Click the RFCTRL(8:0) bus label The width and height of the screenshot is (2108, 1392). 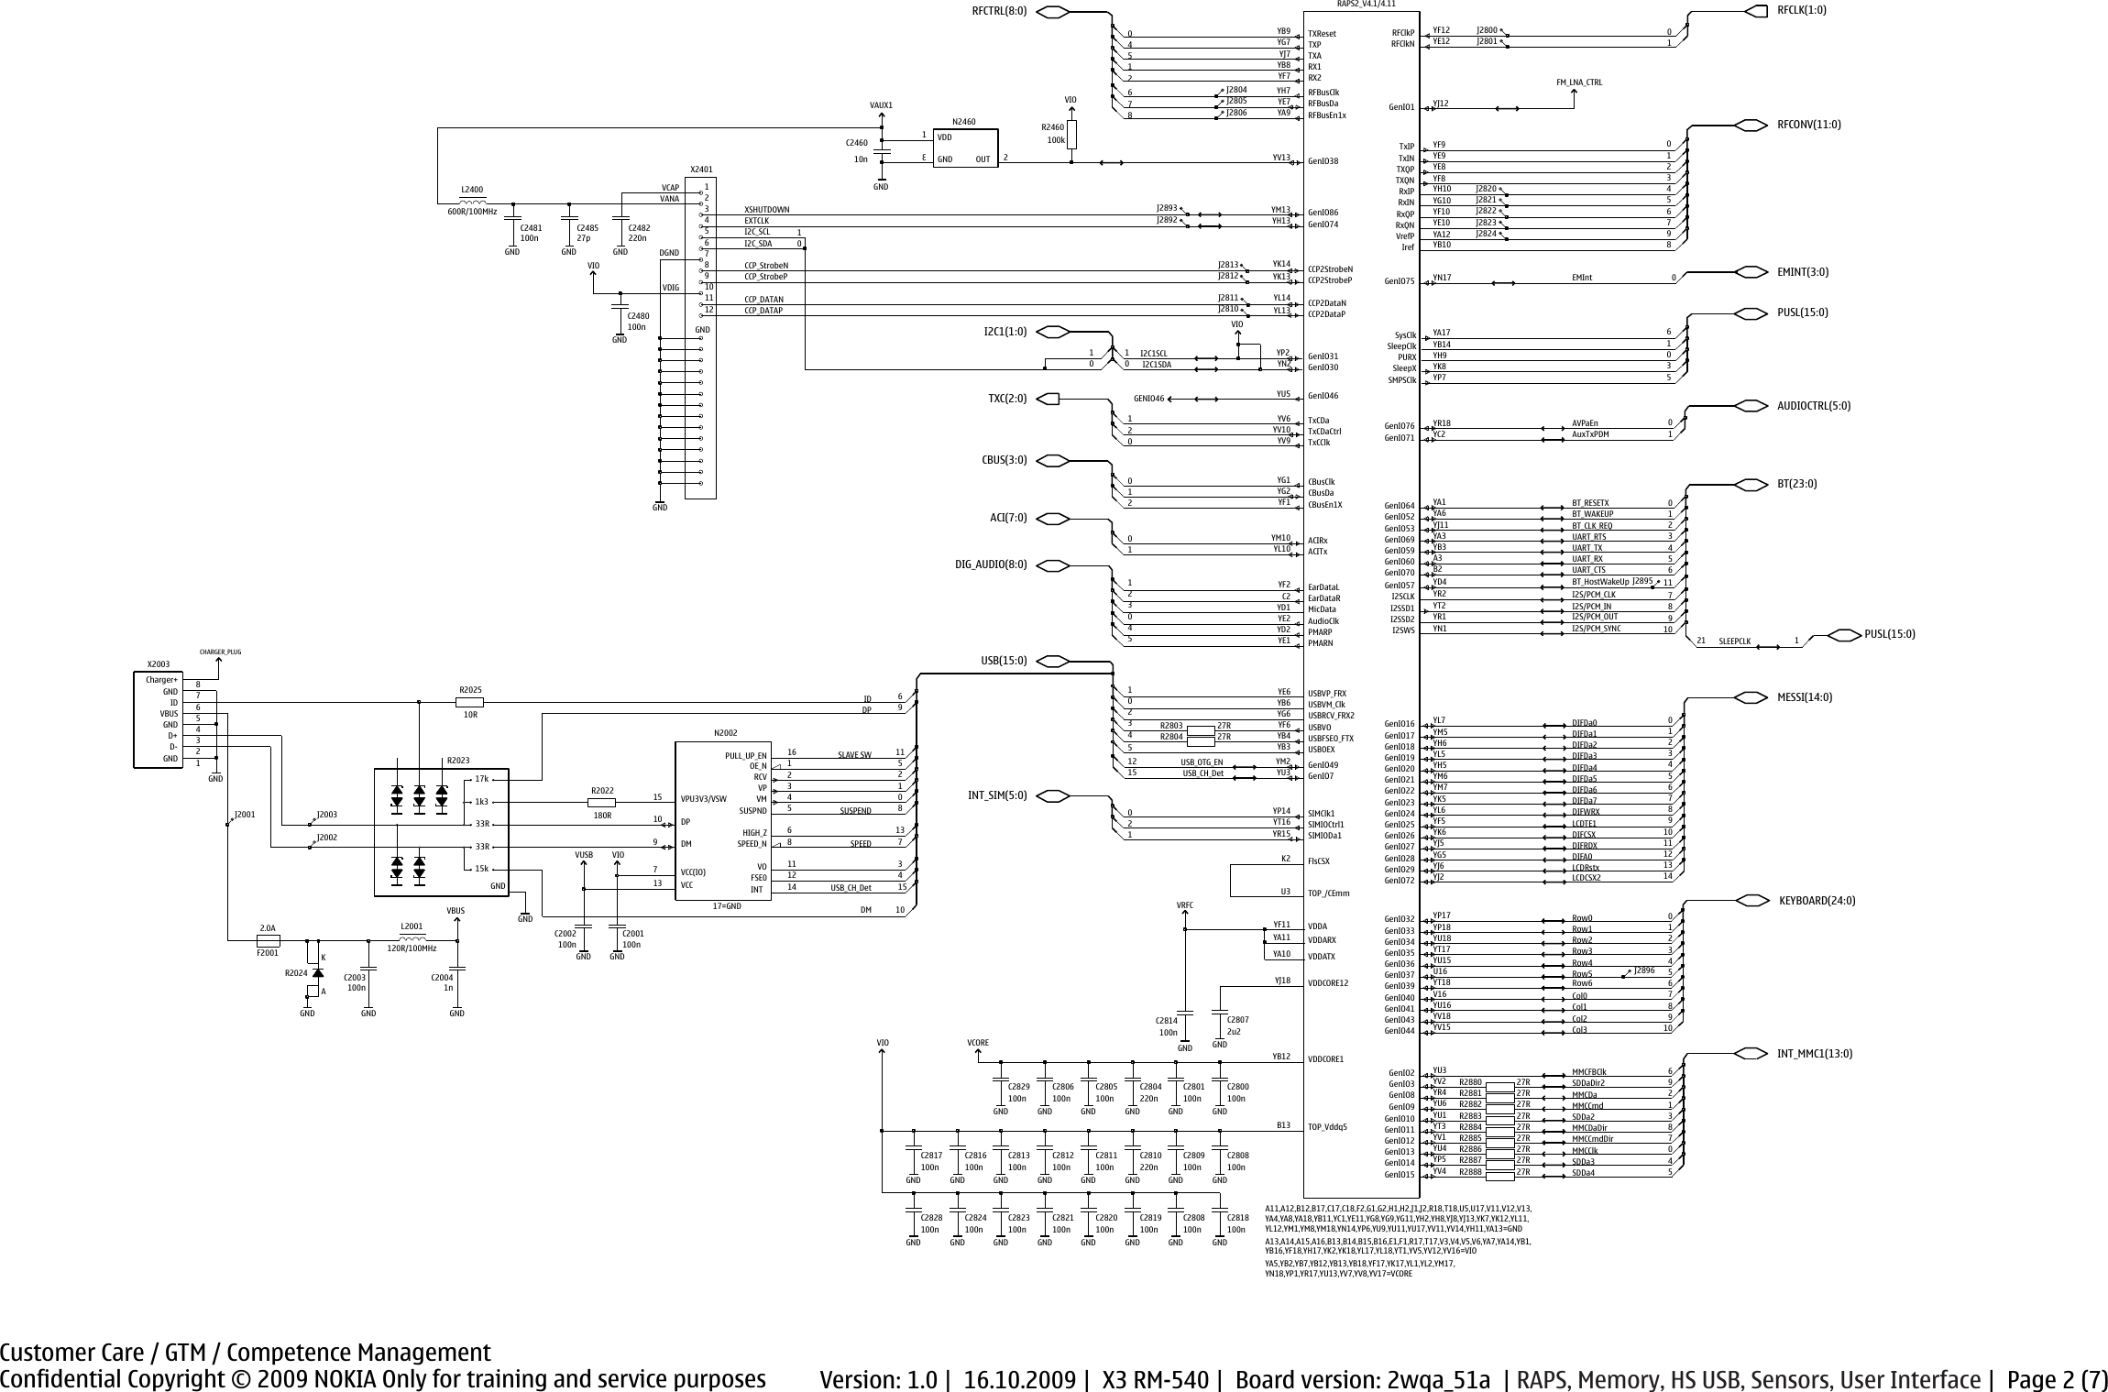(1000, 11)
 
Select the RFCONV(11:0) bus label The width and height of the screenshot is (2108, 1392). (1808, 124)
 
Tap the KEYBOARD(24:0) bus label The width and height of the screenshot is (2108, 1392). (1817, 900)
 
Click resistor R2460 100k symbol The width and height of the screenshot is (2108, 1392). (1070, 134)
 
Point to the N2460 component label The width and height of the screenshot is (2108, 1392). (964, 121)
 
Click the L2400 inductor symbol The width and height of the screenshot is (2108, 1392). (473, 202)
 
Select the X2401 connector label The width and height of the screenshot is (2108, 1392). (700, 170)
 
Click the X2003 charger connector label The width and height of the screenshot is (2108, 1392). (159, 663)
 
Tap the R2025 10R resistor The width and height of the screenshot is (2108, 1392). (469, 702)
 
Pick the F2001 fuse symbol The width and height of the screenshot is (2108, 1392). (268, 940)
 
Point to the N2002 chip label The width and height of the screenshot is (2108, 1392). (725, 733)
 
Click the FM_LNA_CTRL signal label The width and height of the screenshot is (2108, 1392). (1579, 82)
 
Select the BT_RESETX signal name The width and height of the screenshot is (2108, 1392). (1590, 502)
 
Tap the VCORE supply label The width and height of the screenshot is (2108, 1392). (978, 1043)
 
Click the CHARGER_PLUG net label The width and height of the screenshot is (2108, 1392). (220, 652)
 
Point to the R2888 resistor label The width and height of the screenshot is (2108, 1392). (1470, 1172)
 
